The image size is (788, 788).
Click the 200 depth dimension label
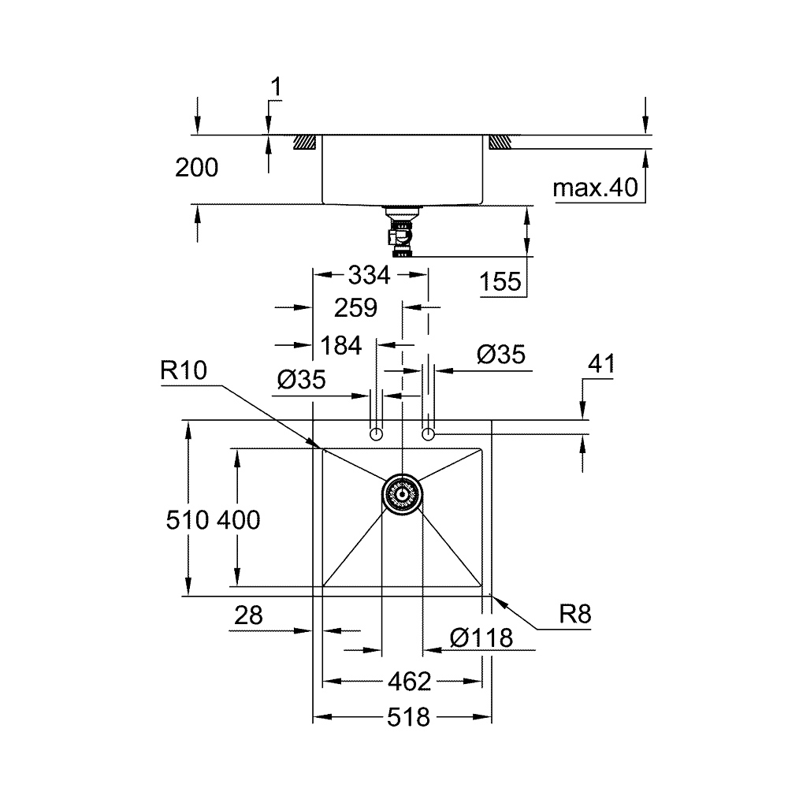[195, 168]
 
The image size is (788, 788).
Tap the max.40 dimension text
[595, 188]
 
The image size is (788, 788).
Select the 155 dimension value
[503, 281]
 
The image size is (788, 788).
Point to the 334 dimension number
[369, 276]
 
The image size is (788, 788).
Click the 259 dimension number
[355, 307]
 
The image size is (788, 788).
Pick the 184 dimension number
[341, 345]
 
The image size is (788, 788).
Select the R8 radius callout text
[574, 615]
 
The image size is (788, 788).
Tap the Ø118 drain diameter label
[481, 638]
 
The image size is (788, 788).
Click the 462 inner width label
[409, 681]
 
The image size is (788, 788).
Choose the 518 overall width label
[409, 718]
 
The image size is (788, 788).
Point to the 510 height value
[188, 520]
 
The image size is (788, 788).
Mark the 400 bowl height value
[238, 520]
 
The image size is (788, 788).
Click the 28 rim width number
[248, 616]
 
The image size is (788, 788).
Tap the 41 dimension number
[601, 364]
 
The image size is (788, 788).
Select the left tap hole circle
[377, 434]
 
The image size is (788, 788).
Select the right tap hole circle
[428, 434]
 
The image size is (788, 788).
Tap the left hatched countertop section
[305, 143]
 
